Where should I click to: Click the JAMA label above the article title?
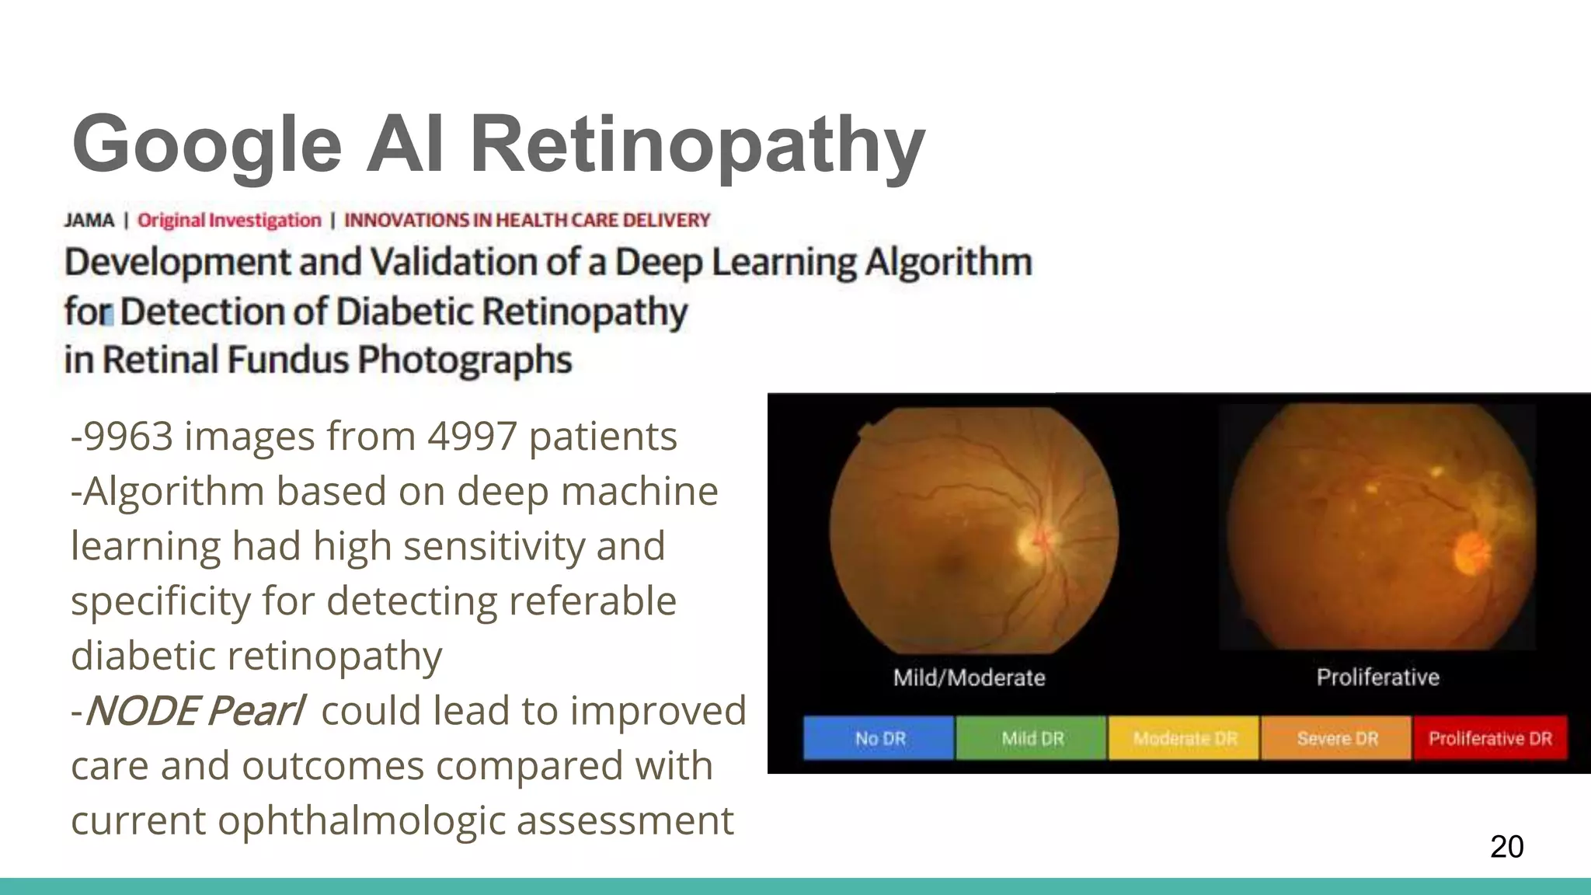point(89,221)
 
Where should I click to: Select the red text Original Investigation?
point(229,221)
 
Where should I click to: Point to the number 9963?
point(127,436)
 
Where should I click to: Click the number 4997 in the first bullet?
point(472,436)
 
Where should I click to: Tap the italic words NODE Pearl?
point(194,711)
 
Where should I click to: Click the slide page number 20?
point(1506,846)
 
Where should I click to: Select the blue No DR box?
point(879,738)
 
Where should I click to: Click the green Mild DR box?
point(1032,738)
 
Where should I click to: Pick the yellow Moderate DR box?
point(1184,738)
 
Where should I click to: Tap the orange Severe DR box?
point(1336,738)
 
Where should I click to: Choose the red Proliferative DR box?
point(1490,738)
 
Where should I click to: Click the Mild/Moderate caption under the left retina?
point(969,677)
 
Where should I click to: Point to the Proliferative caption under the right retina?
point(1377,677)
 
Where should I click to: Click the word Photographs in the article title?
point(465,360)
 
